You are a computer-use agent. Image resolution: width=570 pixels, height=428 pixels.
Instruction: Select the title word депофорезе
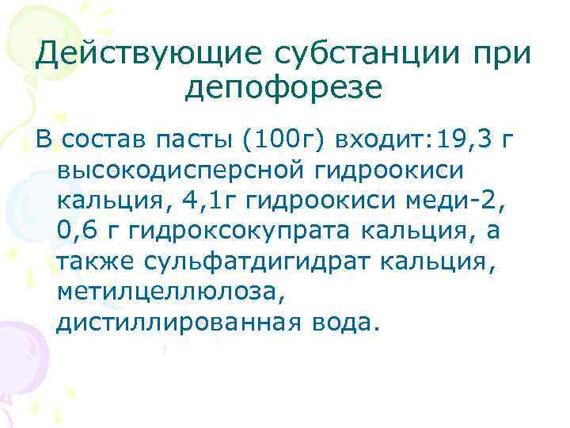pos(283,88)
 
